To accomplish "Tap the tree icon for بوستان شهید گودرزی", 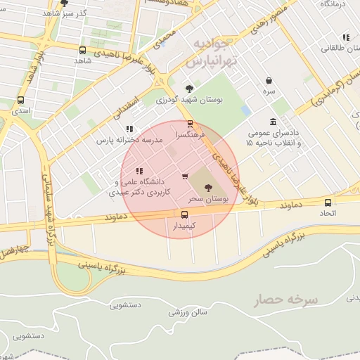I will click(189, 89).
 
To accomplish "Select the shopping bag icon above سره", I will click(269, 81).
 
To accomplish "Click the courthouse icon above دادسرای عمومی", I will click(273, 122).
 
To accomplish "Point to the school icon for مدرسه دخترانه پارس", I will click(129, 129).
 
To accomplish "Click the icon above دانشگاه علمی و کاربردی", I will click(139, 170).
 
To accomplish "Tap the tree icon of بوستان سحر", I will click(208, 188).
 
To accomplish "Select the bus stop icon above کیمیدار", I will click(184, 214).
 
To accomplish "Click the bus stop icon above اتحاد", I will click(328, 201).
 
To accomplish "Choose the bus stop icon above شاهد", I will click(83, 51).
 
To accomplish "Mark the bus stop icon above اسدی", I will click(20, 101).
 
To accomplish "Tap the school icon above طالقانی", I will click(345, 37).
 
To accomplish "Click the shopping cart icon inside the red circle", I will click(185, 176).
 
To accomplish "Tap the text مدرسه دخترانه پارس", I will click(124, 140).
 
